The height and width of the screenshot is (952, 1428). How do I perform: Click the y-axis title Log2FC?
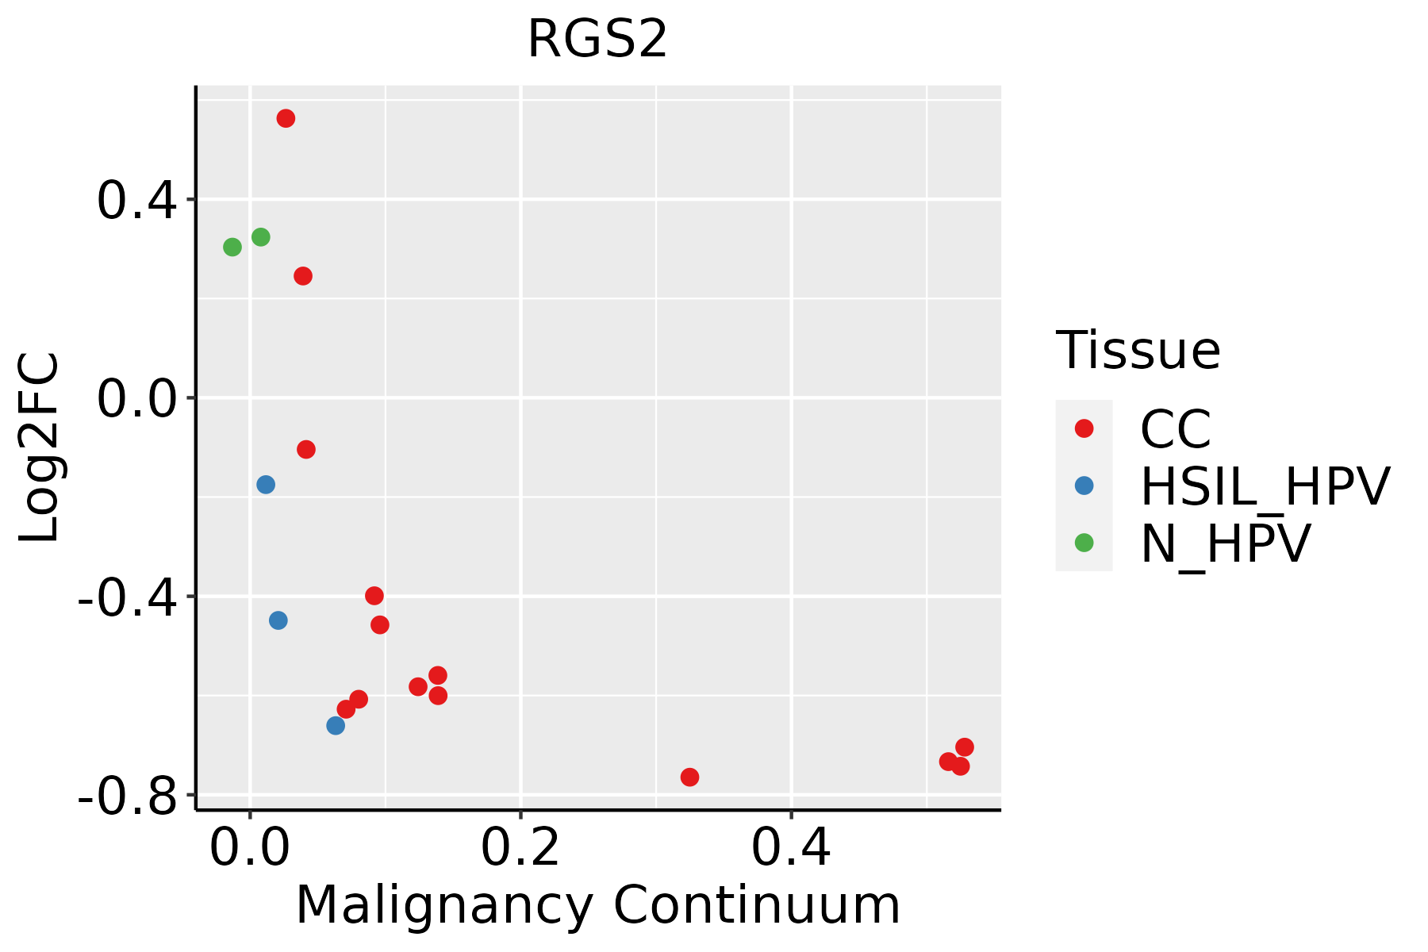[x=40, y=447]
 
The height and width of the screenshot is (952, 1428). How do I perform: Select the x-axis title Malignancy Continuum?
[x=597, y=906]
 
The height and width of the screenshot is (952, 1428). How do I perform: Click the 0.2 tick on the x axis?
[x=520, y=848]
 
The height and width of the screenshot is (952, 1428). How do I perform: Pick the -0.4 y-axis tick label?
[x=127, y=597]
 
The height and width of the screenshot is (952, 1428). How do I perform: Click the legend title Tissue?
[x=1138, y=350]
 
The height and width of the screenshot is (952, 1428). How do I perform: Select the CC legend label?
[x=1175, y=429]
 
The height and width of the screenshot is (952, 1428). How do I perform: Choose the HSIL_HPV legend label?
[x=1265, y=486]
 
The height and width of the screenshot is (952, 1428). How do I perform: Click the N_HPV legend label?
[x=1225, y=543]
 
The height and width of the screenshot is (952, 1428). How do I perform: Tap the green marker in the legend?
[x=1084, y=543]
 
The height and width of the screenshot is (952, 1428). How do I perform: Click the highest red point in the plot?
[x=286, y=118]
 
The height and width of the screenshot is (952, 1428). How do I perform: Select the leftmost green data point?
[x=232, y=248]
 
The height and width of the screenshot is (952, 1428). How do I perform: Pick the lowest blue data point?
[x=336, y=725]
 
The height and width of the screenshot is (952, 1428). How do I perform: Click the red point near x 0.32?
[x=689, y=777]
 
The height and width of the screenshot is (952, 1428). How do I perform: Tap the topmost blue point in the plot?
[x=266, y=484]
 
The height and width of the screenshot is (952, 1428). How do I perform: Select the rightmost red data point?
[x=965, y=747]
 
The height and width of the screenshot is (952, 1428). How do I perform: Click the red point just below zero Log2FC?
[x=306, y=450]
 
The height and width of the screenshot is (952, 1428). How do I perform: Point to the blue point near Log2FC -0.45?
[x=278, y=620]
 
